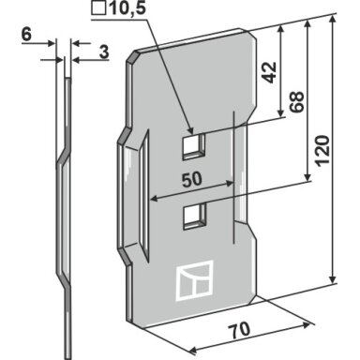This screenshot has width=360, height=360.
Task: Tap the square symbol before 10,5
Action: coord(98,8)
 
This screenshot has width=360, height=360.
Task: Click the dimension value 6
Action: coord(26,34)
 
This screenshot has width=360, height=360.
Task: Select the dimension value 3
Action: coord(104,52)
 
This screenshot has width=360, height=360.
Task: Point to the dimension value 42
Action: coord(269,72)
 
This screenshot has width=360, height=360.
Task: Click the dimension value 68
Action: coord(296,102)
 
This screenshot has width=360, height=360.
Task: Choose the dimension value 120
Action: coord(322,151)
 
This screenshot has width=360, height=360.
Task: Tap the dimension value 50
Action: coord(191,180)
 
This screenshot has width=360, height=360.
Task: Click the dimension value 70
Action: coord(239,330)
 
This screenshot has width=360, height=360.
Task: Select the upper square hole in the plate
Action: coord(194,146)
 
